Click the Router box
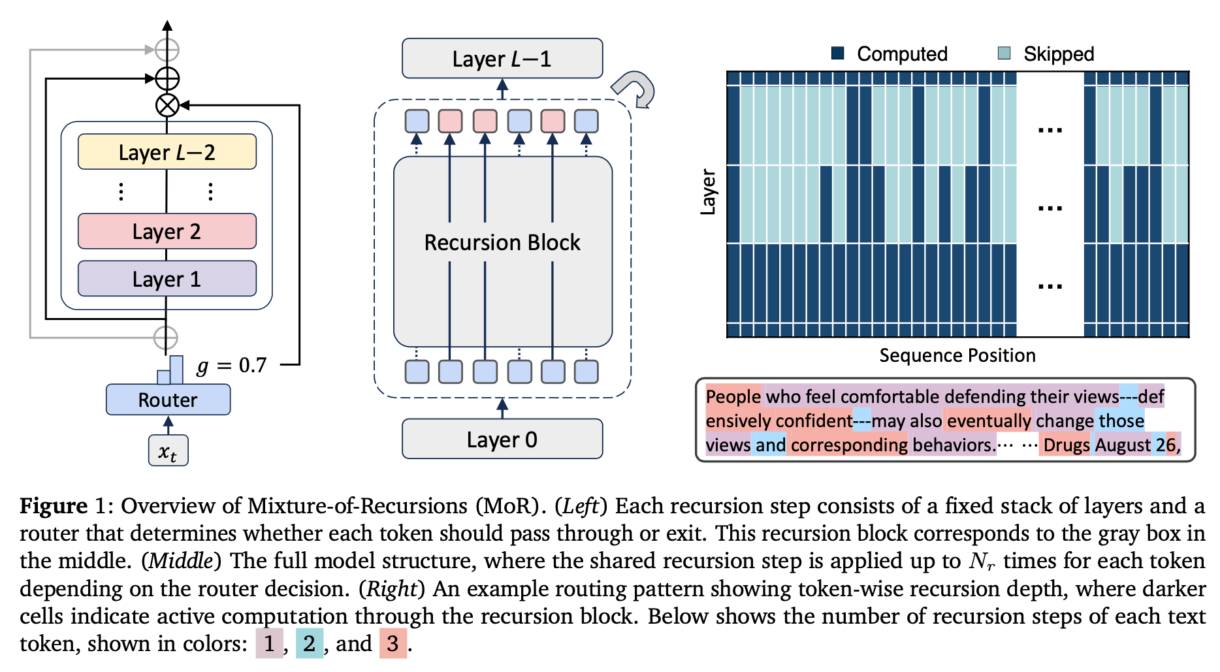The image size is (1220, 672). coord(168,400)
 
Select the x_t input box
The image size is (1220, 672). coord(168,451)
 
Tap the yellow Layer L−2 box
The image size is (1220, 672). coord(167,152)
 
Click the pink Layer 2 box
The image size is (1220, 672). coord(167,231)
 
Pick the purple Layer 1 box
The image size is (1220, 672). coord(167,279)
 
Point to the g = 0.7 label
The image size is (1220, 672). coord(232,365)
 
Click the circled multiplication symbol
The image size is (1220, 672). coord(167,105)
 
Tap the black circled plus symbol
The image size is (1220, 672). coord(167,78)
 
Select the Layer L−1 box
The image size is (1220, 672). coord(502,59)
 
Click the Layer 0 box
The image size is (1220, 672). coord(502,439)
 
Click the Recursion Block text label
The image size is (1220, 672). coord(502,242)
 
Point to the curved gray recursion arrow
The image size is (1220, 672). coord(634,88)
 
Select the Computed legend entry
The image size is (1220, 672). coord(890,54)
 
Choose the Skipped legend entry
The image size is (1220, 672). coord(1046,54)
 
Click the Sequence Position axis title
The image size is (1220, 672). coord(957,355)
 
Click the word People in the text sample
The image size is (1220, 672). coord(733,396)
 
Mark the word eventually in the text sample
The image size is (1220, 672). coord(988,421)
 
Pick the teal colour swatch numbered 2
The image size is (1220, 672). coord(309,643)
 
